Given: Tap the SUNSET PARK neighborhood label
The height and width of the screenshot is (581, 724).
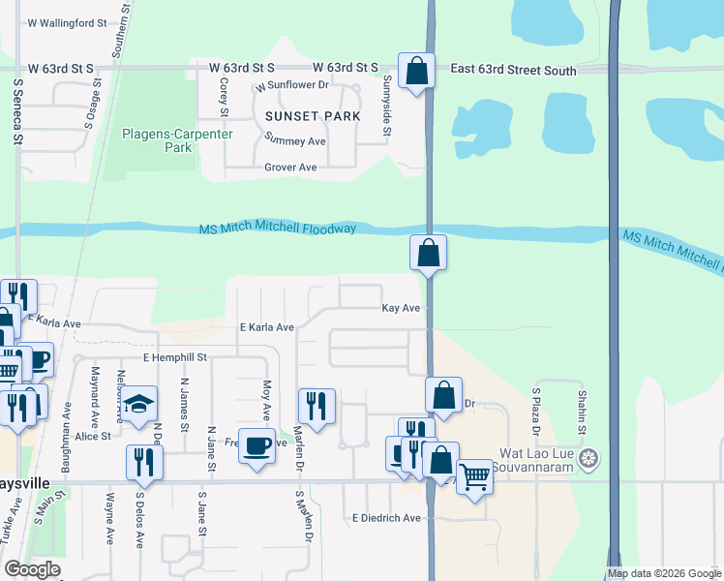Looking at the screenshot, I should coord(313,116).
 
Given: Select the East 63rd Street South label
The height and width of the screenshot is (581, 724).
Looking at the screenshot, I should coord(514,71).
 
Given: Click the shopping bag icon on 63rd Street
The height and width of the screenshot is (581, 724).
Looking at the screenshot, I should coord(416,71).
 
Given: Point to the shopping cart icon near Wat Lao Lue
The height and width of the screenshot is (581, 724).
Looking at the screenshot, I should coord(474,476).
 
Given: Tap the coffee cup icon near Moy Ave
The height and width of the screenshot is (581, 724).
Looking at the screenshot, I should coord(256,445).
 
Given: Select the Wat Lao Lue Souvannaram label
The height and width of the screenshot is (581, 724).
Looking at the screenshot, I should coord(543,461).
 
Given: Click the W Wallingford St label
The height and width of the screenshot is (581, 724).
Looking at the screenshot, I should coord(66,21).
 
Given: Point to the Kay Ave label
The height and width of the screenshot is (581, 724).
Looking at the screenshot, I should coord(401,308).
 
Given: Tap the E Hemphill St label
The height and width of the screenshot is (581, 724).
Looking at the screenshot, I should coord(175,357).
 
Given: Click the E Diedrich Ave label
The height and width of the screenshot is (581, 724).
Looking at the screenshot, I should coord(386,518).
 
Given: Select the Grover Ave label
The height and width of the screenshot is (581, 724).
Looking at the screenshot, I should coord(291,168).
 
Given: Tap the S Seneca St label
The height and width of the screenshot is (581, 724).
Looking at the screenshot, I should coord(18,111).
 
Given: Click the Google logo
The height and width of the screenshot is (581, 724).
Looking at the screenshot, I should coord(32,569).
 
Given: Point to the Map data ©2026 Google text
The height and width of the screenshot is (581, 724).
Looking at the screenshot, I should coord(663,573).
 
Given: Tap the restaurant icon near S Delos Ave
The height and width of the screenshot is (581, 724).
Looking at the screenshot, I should coord(145,462).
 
